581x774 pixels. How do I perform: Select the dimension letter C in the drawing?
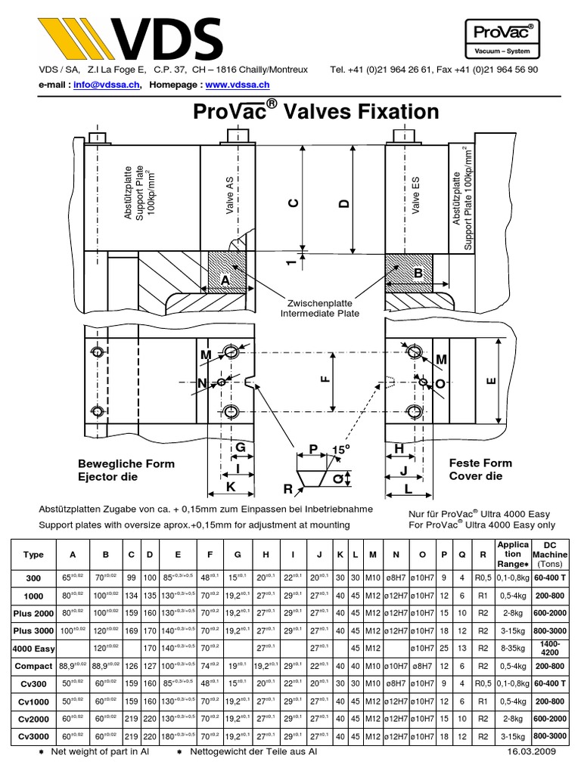pyautogui.click(x=295, y=203)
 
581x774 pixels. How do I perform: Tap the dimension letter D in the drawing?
pyautogui.click(x=345, y=203)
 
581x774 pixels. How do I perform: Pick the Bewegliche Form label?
pyautogui.click(x=126, y=463)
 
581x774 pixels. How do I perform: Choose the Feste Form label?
pyautogui.click(x=480, y=463)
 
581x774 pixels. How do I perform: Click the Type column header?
pyautogui.click(x=34, y=554)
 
